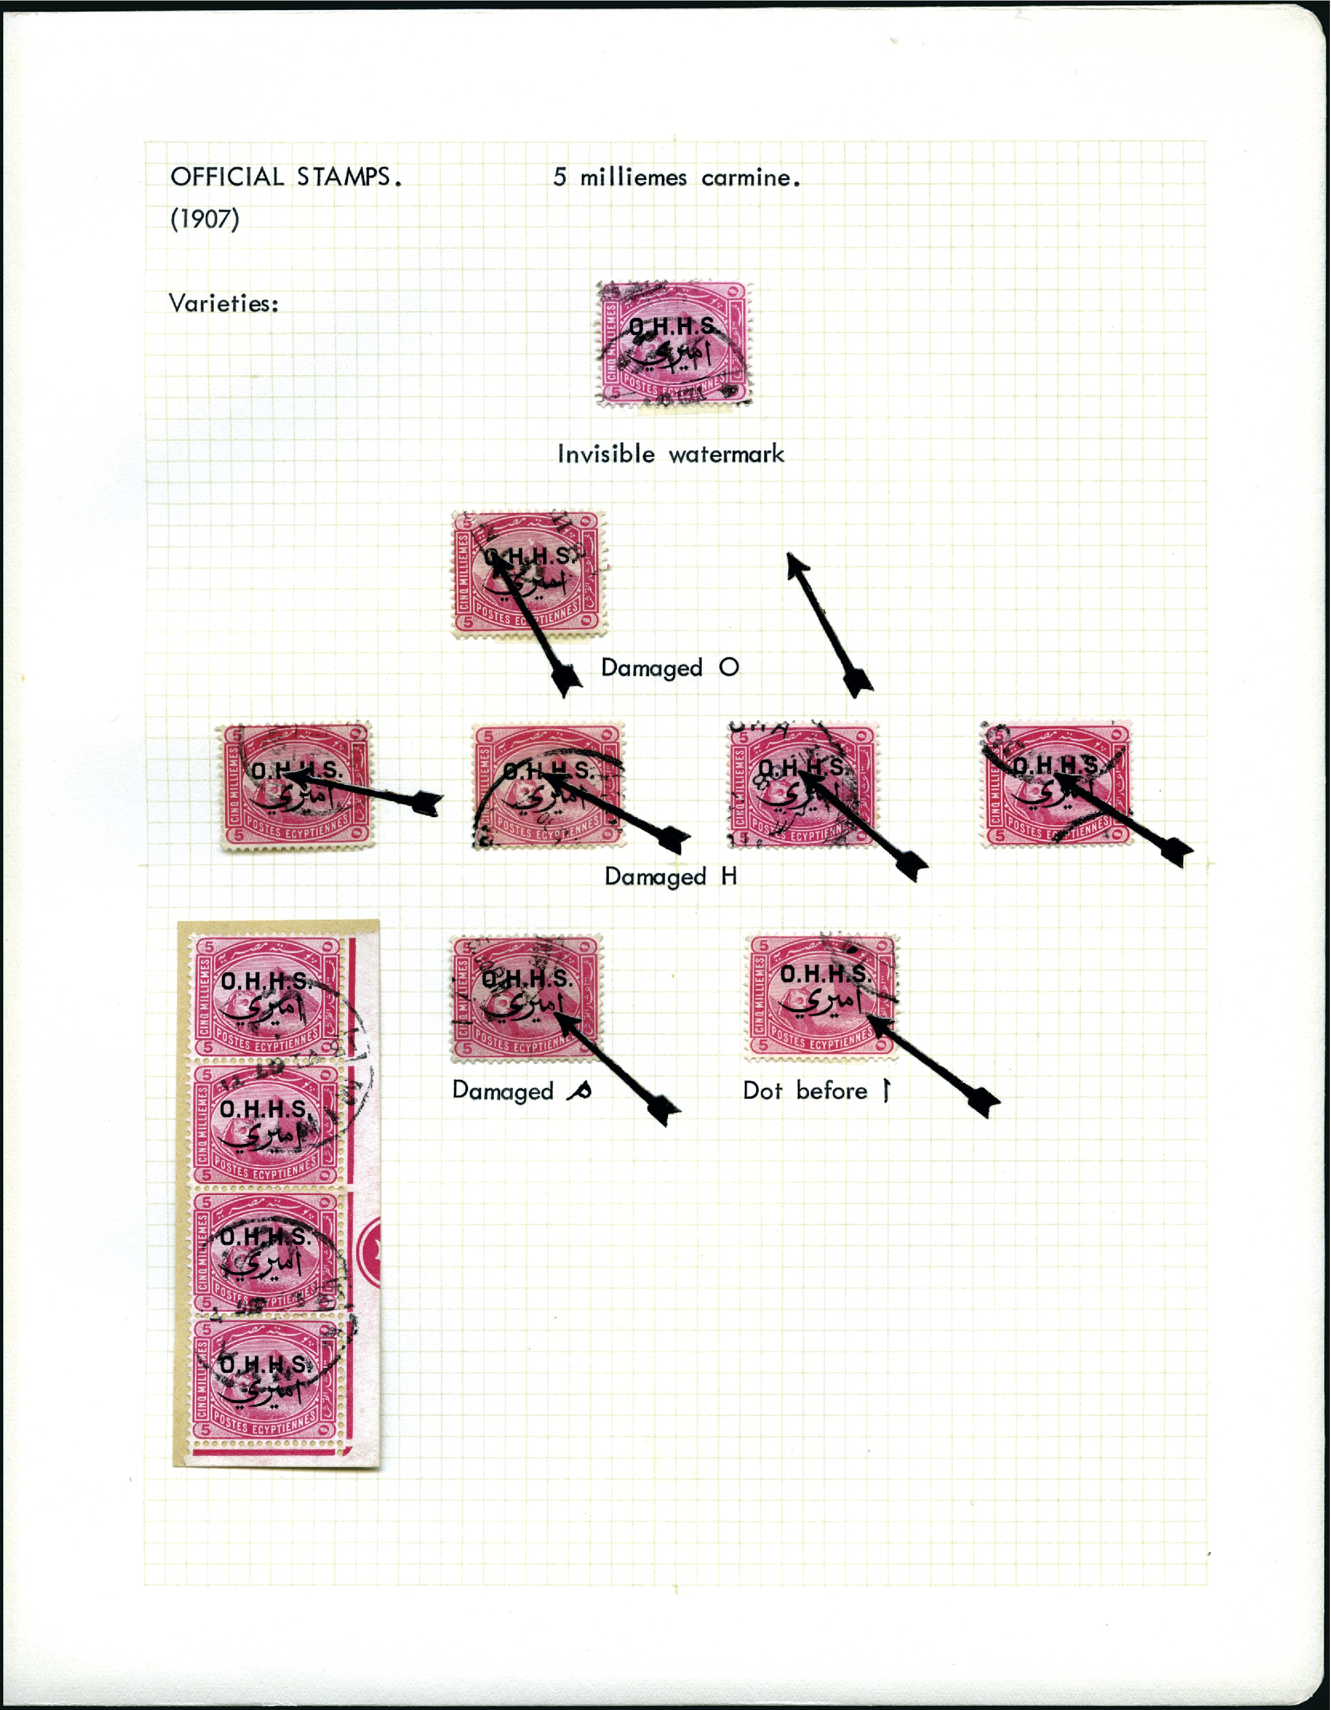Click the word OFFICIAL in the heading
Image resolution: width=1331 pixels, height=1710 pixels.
(227, 177)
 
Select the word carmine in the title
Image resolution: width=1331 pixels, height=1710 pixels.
(750, 178)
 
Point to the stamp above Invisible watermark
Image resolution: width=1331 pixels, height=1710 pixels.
(672, 344)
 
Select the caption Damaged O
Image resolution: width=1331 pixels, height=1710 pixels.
(669, 668)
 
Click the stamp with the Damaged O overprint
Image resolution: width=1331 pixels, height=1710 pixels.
(528, 573)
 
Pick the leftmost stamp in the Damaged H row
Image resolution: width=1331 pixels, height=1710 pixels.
(296, 785)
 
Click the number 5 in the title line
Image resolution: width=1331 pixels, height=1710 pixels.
(559, 178)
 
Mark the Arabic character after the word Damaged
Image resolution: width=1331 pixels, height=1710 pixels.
(579, 1091)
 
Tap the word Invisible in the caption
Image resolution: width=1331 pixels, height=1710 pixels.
(606, 454)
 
